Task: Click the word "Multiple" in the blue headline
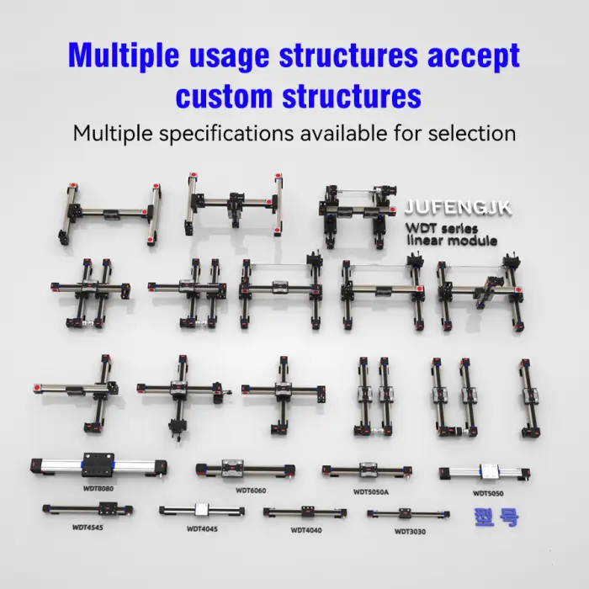pyautogui.click(x=125, y=55)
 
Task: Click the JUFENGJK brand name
pyautogui.click(x=458, y=207)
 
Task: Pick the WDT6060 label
pyautogui.click(x=251, y=490)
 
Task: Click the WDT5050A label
pyautogui.click(x=371, y=490)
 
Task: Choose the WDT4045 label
pyautogui.click(x=202, y=529)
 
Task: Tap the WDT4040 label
pyautogui.click(x=306, y=529)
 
